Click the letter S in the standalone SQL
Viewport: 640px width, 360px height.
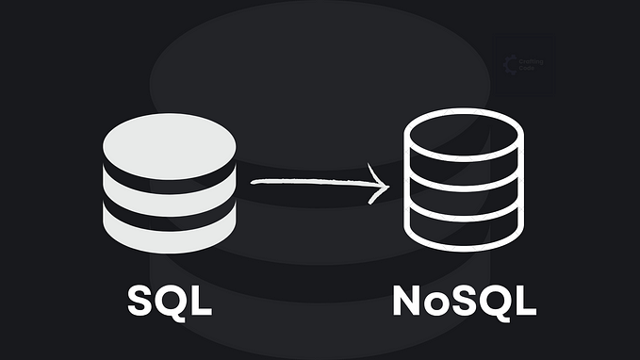tap(140, 301)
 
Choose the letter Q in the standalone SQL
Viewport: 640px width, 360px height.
tap(172, 302)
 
